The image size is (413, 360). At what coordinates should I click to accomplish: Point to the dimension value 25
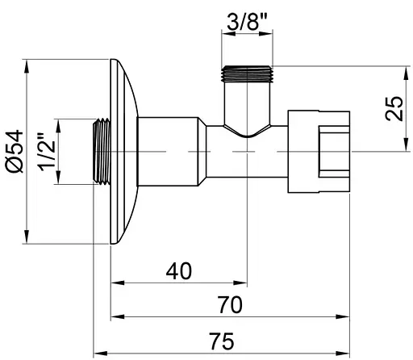click(x=394, y=107)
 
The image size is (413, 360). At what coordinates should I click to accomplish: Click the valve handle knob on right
click(x=322, y=151)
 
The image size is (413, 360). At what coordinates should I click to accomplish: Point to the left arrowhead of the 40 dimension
click(x=115, y=283)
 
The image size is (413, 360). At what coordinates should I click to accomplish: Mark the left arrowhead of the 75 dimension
click(x=98, y=352)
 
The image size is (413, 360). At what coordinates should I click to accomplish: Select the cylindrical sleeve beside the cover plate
click(x=167, y=151)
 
